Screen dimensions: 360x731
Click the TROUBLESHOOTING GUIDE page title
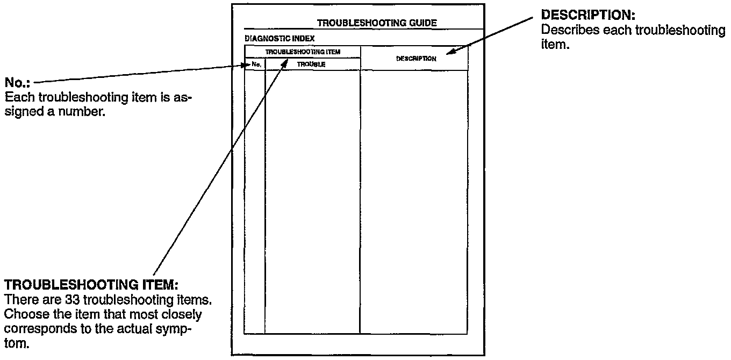pos(377,23)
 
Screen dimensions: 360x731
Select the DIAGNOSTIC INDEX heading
pos(279,39)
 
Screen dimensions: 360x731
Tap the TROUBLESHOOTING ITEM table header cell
pos(303,52)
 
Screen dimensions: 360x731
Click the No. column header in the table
pos(256,64)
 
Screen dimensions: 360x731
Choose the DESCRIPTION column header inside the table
pos(415,59)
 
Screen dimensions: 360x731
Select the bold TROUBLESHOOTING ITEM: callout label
pos(90,283)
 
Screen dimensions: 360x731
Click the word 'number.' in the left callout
pos(87,113)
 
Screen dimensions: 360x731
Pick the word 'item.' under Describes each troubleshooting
pos(554,45)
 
